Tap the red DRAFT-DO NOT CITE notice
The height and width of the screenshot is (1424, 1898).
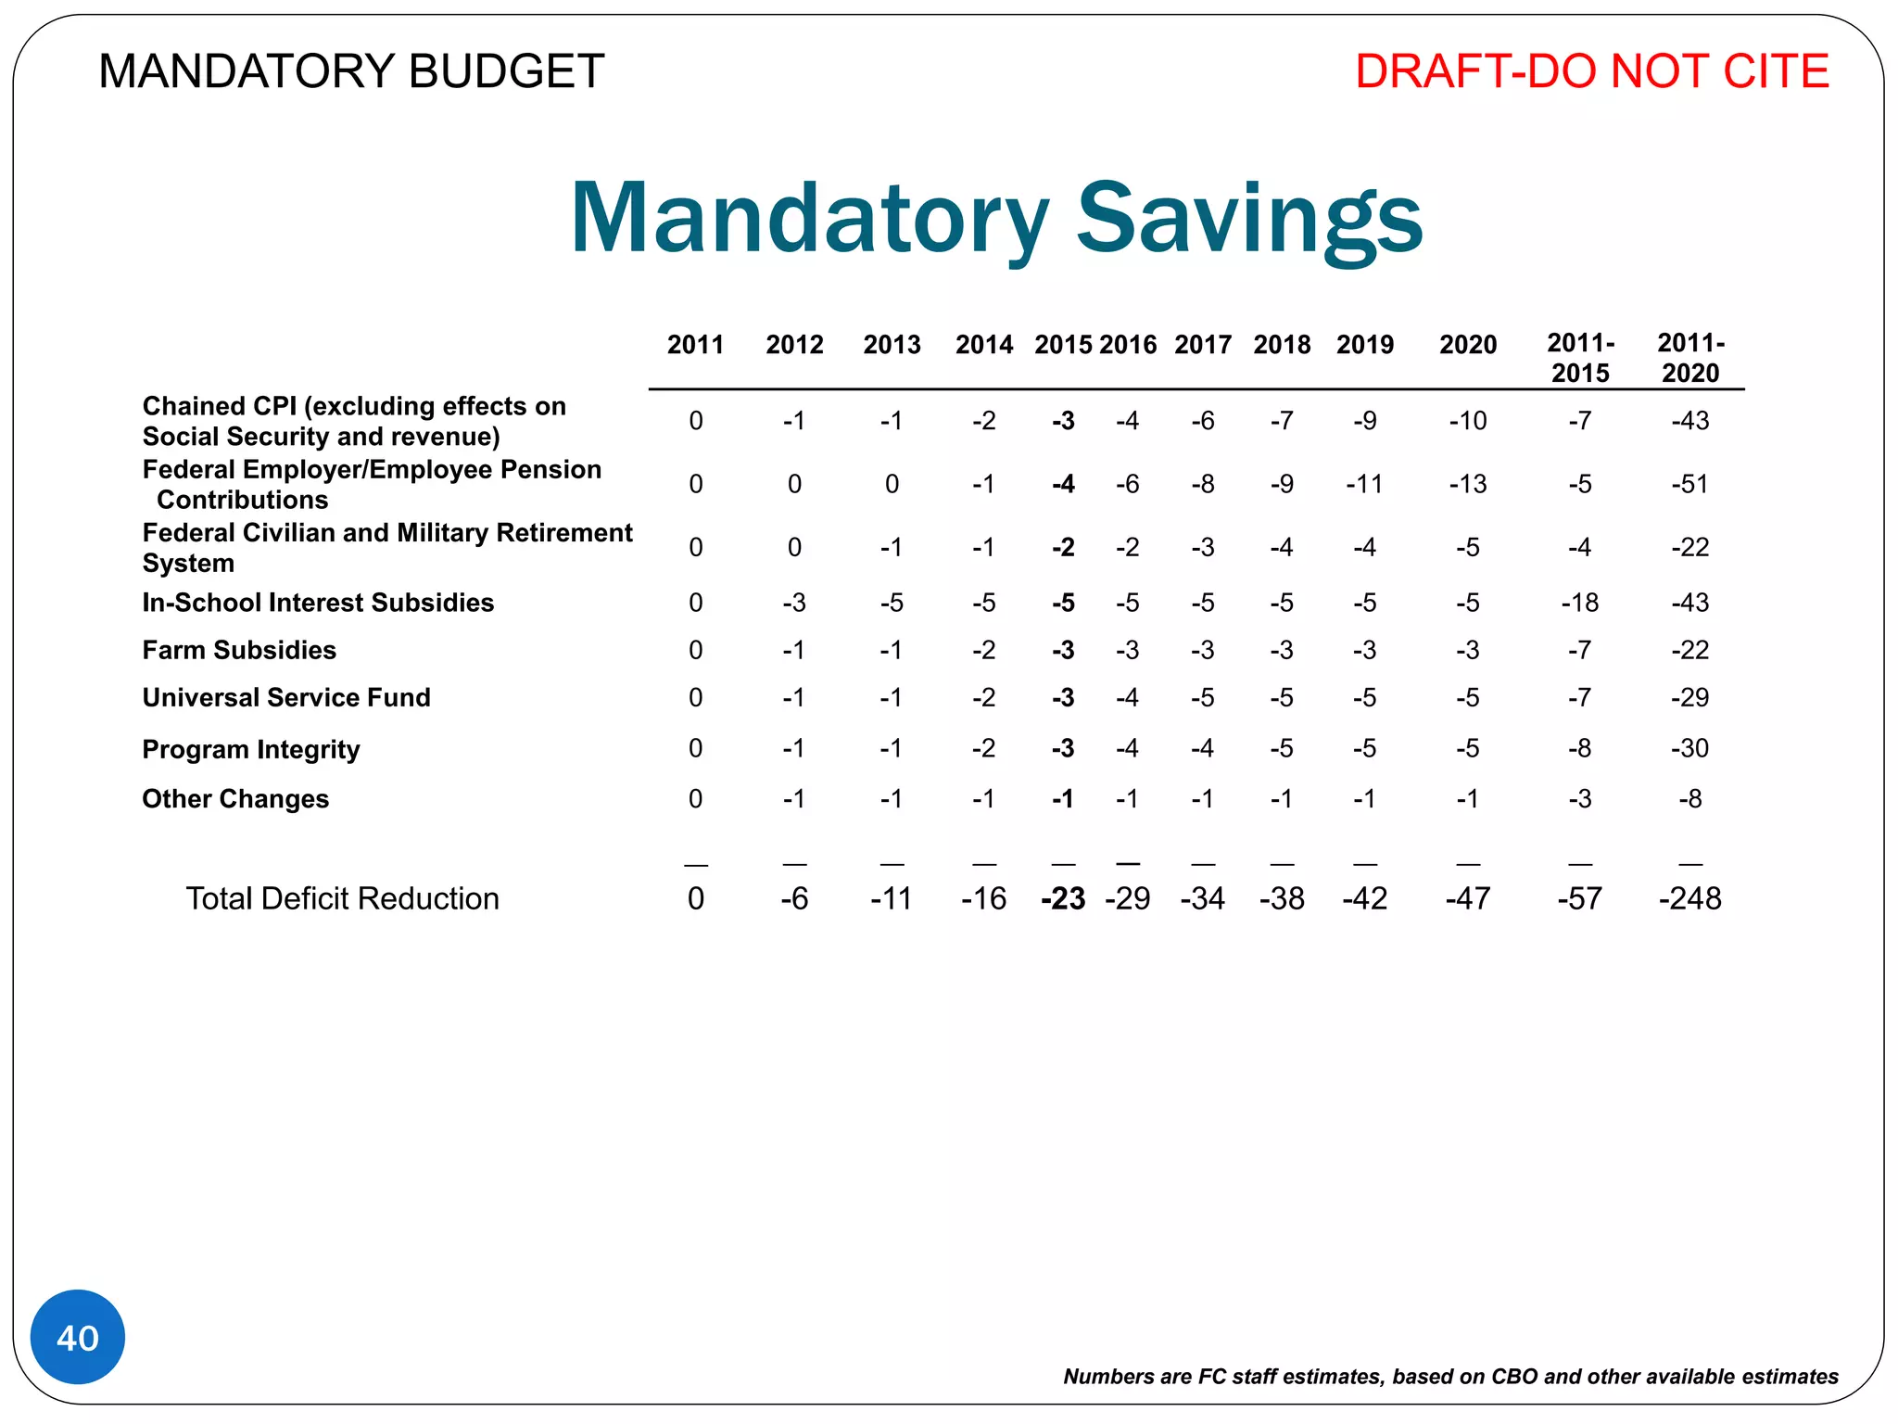click(x=1591, y=71)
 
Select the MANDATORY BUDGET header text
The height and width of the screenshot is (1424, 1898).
click(x=351, y=71)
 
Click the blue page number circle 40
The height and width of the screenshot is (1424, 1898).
click(x=78, y=1337)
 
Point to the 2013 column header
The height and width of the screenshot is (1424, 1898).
click(x=892, y=345)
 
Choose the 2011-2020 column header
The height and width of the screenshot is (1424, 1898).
click(x=1690, y=358)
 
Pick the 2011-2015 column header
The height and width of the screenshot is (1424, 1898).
click(x=1580, y=358)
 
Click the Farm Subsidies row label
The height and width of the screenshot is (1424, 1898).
click(x=239, y=650)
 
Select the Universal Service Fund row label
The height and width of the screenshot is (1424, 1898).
click(x=286, y=697)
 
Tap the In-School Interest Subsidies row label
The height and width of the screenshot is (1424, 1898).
click(x=318, y=603)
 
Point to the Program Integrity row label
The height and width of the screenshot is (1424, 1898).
click(x=251, y=749)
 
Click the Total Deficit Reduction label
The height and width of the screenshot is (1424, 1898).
click(x=342, y=898)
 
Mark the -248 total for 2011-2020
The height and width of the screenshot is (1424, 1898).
click(x=1689, y=898)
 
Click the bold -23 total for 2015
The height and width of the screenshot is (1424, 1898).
click(x=1063, y=898)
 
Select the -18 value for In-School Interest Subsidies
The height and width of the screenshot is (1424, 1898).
click(x=1580, y=603)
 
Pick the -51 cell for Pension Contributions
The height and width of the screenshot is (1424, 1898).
click(x=1689, y=484)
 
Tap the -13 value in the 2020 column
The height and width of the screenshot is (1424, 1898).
click(x=1468, y=484)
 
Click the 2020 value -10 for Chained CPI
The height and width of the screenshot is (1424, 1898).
click(x=1468, y=421)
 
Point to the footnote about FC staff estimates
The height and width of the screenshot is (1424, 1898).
click(x=1450, y=1377)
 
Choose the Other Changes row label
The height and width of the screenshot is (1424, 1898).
click(x=235, y=799)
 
